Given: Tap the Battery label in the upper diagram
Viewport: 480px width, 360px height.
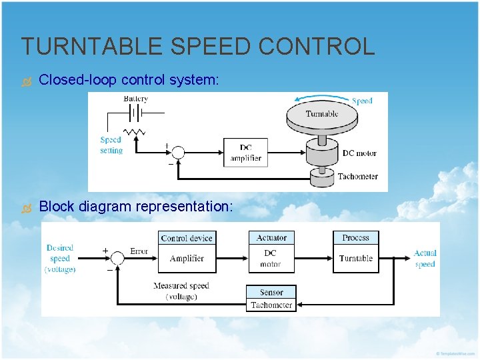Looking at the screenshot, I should pos(135,99).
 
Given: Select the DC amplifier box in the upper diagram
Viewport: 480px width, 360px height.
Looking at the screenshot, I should pos(245,153).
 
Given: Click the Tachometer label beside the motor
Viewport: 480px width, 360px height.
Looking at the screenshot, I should pos(357,177).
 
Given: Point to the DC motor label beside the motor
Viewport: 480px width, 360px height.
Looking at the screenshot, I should pos(359,153).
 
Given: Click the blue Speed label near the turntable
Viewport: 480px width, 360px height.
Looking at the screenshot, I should pos(362,101).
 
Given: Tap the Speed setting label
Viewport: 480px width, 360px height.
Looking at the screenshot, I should pos(111,145).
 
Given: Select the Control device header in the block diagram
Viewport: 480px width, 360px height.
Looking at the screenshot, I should pos(187,238).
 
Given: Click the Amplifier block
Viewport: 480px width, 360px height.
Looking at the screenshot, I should pos(187,258).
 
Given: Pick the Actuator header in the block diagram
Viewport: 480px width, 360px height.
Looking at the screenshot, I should pos(271,238).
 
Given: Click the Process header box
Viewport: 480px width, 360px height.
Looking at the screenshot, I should pos(355,238).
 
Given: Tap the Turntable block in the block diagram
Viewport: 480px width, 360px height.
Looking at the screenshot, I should pos(355,258).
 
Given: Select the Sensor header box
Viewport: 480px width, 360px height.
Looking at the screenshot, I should pos(271,292).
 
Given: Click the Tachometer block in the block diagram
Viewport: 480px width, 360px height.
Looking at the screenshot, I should pos(271,305).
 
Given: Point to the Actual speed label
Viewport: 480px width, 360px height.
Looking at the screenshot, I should pos(425,258).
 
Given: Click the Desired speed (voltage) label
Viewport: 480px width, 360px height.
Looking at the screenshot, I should pos(60,258).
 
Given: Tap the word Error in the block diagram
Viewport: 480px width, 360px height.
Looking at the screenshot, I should pos(139,251).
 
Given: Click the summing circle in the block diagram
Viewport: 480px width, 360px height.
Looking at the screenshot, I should pos(117,258).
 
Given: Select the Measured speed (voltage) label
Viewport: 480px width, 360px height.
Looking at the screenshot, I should pos(181,291).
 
